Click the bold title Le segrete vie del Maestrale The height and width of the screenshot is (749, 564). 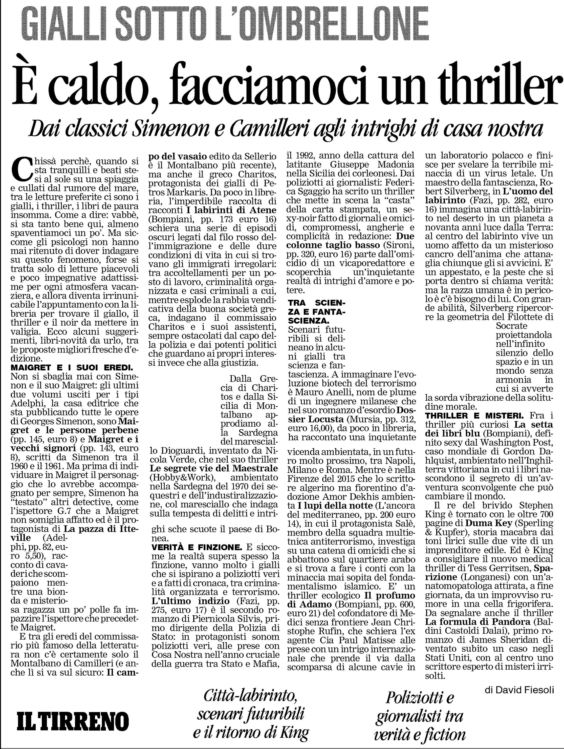214,469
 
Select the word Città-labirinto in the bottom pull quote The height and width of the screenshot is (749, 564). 251,695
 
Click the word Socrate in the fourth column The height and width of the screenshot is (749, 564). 512,326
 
